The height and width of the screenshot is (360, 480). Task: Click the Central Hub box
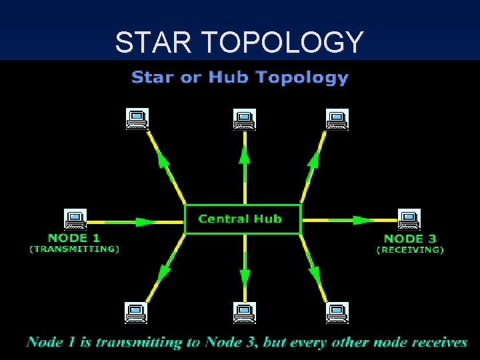[x=242, y=219]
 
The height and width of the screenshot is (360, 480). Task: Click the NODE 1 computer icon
[x=75, y=219]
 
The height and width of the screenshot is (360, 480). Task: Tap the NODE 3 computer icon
[x=408, y=219]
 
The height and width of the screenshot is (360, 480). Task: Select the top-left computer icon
[x=137, y=119]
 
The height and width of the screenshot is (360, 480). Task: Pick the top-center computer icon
[x=244, y=119]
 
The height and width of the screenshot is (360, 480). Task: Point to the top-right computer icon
[x=337, y=119]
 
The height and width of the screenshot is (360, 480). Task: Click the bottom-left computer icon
[x=137, y=312]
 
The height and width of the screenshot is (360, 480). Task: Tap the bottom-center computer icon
[x=244, y=312]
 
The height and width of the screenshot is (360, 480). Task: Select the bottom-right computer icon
[x=337, y=312]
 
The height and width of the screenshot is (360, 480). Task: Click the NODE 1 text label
[x=74, y=237]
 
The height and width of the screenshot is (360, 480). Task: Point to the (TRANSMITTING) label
[x=74, y=249]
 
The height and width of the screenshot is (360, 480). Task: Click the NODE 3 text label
[x=410, y=238]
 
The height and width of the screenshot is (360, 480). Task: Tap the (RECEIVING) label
[x=410, y=250]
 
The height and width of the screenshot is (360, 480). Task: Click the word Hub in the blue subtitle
[x=229, y=77]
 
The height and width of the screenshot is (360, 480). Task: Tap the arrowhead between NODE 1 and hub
[x=146, y=220]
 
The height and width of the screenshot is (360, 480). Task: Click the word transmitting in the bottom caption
[x=138, y=343]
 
